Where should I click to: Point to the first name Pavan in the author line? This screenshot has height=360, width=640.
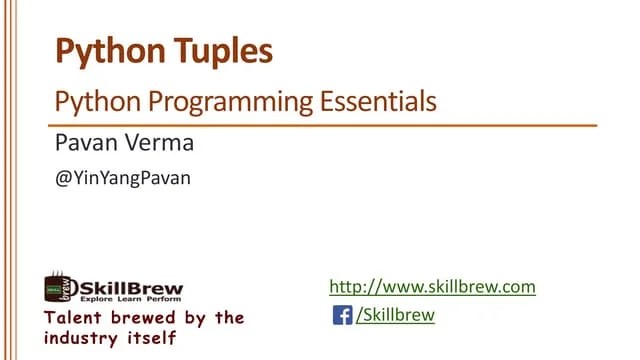(84, 143)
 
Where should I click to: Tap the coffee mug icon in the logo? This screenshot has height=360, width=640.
(58, 287)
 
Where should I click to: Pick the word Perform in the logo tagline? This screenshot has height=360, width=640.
(160, 299)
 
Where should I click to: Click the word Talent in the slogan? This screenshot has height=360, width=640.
(73, 318)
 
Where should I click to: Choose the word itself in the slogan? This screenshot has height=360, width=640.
(155, 338)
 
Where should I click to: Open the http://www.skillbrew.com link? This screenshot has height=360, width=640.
(433, 287)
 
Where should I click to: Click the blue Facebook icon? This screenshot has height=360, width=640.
(342, 316)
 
